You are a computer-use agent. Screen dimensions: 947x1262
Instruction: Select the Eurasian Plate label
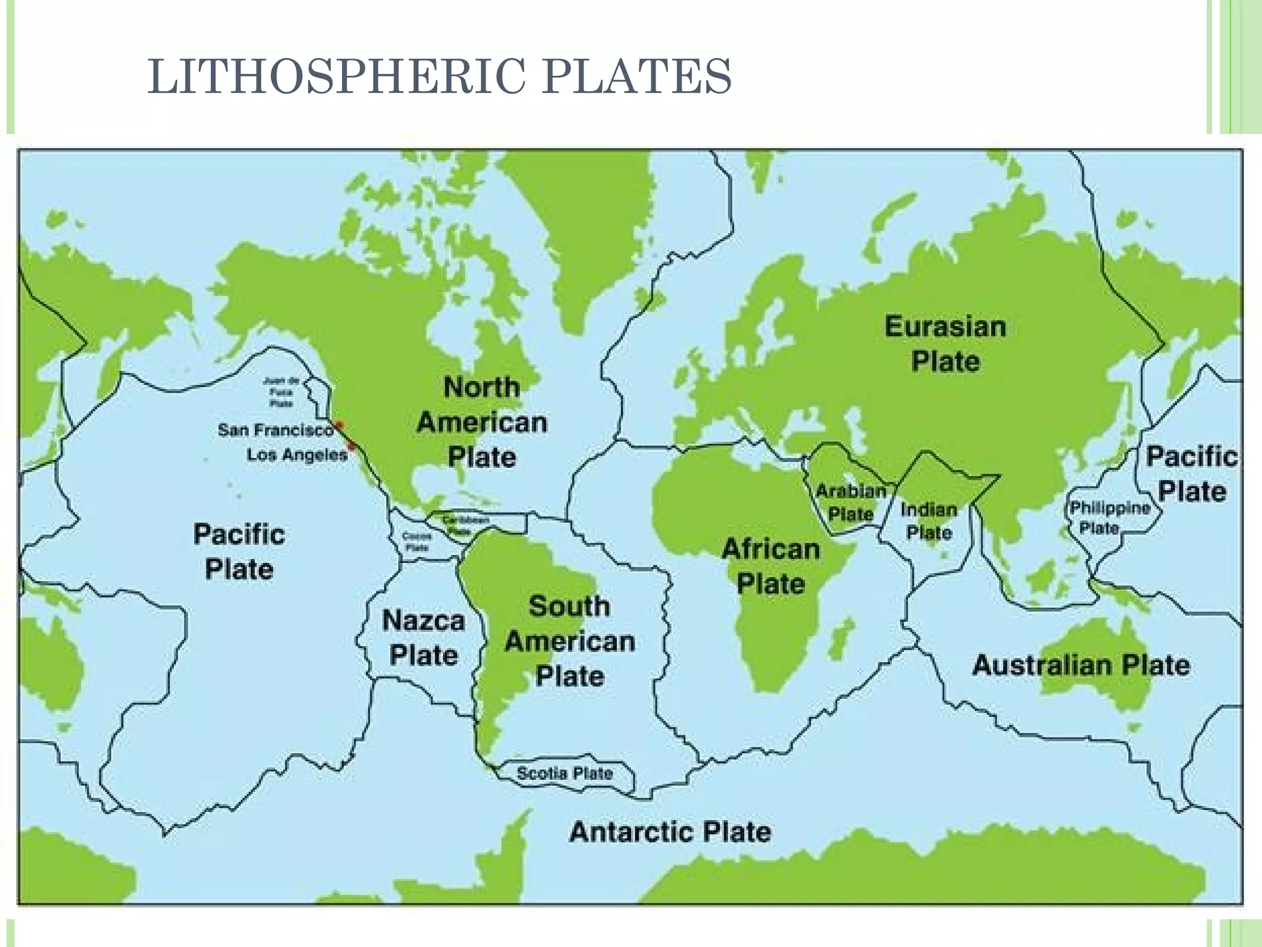(945, 344)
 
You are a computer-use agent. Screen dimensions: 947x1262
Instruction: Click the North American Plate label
(482, 422)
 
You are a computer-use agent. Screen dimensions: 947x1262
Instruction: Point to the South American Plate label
(569, 641)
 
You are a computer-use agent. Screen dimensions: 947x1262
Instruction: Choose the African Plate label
(771, 566)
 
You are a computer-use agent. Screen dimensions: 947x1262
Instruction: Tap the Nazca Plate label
(423, 637)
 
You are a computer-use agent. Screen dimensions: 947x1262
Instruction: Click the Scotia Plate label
(564, 773)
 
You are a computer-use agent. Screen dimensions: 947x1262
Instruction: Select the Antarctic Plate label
(670, 832)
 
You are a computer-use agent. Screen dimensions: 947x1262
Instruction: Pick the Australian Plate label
(1081, 665)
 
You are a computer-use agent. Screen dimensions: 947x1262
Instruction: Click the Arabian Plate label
(851, 502)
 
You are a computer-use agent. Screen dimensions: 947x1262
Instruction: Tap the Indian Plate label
(929, 520)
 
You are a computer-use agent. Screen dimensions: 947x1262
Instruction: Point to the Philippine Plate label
(1110, 517)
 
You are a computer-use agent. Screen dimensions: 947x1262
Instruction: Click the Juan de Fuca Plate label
(281, 392)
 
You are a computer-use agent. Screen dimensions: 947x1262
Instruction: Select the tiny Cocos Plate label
(417, 541)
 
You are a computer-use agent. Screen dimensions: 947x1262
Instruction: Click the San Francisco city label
(275, 430)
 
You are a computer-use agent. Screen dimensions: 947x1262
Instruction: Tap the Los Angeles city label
(297, 455)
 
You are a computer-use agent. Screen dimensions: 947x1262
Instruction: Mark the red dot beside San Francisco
(339, 425)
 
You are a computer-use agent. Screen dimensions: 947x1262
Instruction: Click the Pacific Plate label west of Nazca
(239, 551)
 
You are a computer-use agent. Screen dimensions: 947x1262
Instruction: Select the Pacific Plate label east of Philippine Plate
(1191, 474)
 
